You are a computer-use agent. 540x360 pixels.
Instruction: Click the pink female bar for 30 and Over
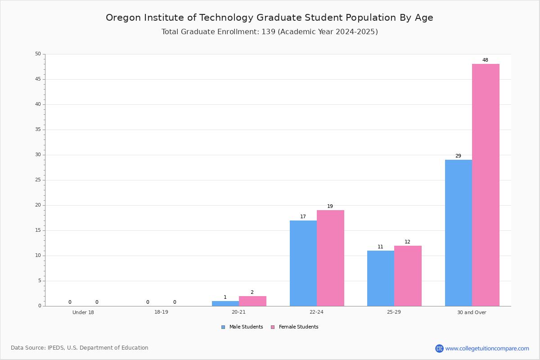pos(486,184)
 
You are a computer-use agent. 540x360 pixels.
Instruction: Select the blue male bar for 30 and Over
pos(458,233)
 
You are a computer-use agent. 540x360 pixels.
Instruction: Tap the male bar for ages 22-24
pos(303,263)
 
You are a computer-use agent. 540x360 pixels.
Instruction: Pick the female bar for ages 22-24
pos(330,258)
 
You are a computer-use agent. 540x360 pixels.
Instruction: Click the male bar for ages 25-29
pos(381,278)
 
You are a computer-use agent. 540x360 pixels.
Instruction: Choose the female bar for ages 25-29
pos(408,275)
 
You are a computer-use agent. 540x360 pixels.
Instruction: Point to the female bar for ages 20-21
pos(252,301)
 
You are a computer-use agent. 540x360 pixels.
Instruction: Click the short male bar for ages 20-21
pos(225,303)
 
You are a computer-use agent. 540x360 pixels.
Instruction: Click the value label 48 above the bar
pos(485,60)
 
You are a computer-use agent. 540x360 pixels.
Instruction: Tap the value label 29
pos(458,156)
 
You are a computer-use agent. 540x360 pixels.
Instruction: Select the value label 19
pos(330,207)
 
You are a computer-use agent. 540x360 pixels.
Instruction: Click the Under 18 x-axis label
pos(83,312)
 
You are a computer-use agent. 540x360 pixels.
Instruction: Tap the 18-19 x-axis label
pos(161,312)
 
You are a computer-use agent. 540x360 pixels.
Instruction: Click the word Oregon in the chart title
pos(122,18)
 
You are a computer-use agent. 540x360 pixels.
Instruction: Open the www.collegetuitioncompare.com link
pos(487,348)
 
